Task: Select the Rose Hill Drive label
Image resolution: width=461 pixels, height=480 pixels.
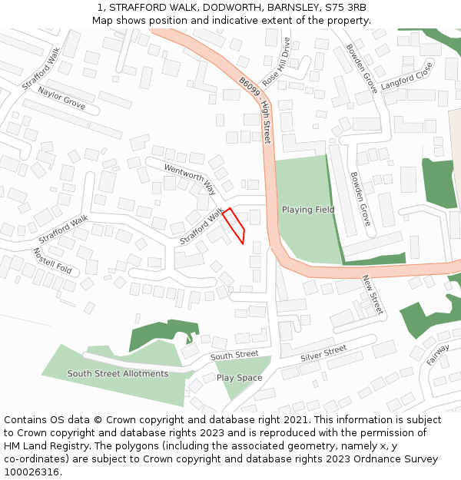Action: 277,62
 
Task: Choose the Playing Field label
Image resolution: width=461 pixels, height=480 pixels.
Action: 307,210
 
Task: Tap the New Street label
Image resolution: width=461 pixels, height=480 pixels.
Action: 371,294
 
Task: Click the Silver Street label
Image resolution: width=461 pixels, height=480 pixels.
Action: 323,353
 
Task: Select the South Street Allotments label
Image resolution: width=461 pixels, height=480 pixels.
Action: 118,374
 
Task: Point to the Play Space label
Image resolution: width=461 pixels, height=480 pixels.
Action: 239,378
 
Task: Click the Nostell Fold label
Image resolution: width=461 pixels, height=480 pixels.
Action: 52,260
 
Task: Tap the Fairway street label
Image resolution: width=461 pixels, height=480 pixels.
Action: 438,355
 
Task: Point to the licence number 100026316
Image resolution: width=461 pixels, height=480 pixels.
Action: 32,472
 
